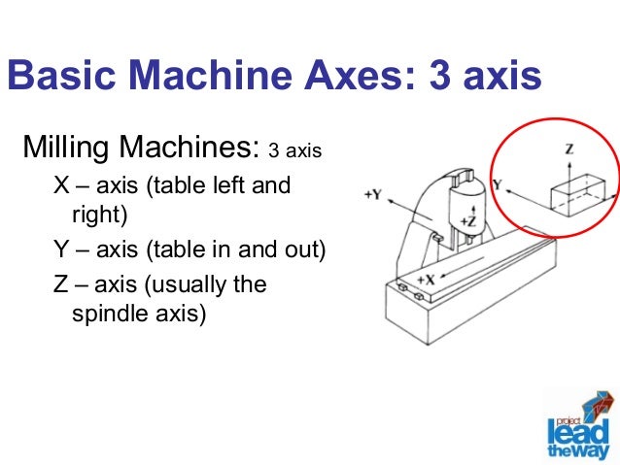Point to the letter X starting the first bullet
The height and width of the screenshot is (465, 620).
tap(60, 184)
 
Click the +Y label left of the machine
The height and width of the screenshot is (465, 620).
tap(372, 193)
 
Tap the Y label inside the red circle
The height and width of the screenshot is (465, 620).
tap(497, 183)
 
